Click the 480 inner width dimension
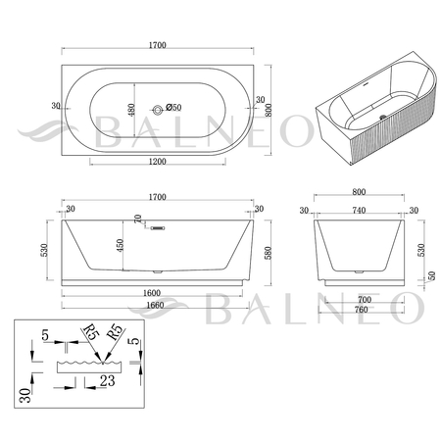click(131, 111)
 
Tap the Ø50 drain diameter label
click(173, 107)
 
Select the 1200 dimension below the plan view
click(158, 162)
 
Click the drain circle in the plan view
click(158, 110)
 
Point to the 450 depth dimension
click(120, 246)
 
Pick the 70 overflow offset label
click(138, 219)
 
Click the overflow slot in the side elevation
click(159, 228)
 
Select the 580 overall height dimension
click(268, 253)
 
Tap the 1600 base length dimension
click(152, 293)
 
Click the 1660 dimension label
click(155, 305)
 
